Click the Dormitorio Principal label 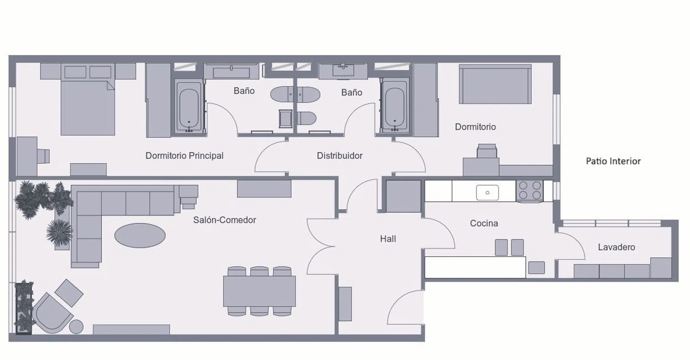pyautogui.click(x=184, y=156)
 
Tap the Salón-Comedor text pyautogui.click(x=224, y=220)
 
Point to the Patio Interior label pyautogui.click(x=613, y=161)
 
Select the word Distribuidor pyautogui.click(x=339, y=155)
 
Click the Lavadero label pyautogui.click(x=616, y=247)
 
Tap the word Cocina pyautogui.click(x=484, y=223)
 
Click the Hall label pyautogui.click(x=388, y=239)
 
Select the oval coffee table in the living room pyautogui.click(x=140, y=235)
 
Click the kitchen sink pyautogui.click(x=487, y=193)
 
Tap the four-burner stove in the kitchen pyautogui.click(x=529, y=191)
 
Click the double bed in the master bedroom pyautogui.click(x=88, y=99)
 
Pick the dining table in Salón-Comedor pyautogui.click(x=259, y=291)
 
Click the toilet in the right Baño pyautogui.click(x=307, y=119)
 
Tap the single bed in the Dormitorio pyautogui.click(x=495, y=84)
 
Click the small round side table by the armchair pyautogui.click(x=76, y=326)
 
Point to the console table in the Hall pyautogui.click(x=345, y=304)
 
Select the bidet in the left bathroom pyautogui.click(x=286, y=119)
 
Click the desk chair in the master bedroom pyautogui.click(x=43, y=156)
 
